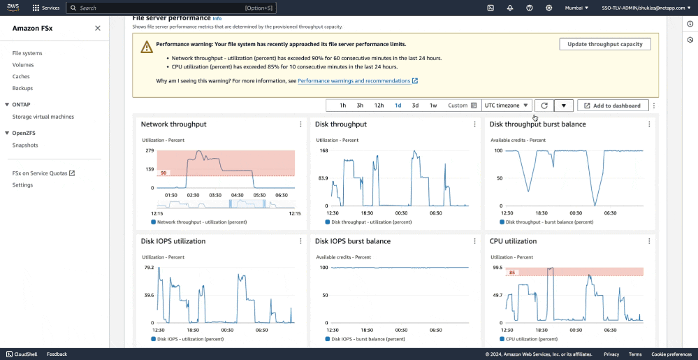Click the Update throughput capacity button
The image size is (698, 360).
click(x=605, y=44)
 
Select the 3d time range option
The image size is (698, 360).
click(x=415, y=106)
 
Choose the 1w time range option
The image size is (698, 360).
click(x=433, y=106)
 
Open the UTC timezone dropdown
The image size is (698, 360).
click(x=507, y=106)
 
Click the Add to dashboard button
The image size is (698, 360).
click(x=613, y=106)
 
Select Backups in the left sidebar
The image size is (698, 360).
click(x=22, y=88)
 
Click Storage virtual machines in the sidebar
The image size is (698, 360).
click(x=43, y=117)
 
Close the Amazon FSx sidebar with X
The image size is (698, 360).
click(x=98, y=28)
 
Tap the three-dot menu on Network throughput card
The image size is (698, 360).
click(x=300, y=124)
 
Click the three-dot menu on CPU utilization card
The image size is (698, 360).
click(x=649, y=241)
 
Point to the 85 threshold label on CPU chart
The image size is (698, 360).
click(x=512, y=273)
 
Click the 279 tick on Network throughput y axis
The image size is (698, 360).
click(x=150, y=150)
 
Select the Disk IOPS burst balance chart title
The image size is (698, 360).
click(x=352, y=241)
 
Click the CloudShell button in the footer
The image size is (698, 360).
click(x=26, y=354)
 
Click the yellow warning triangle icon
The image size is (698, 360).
click(x=146, y=47)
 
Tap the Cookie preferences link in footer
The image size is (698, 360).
click(x=671, y=354)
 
